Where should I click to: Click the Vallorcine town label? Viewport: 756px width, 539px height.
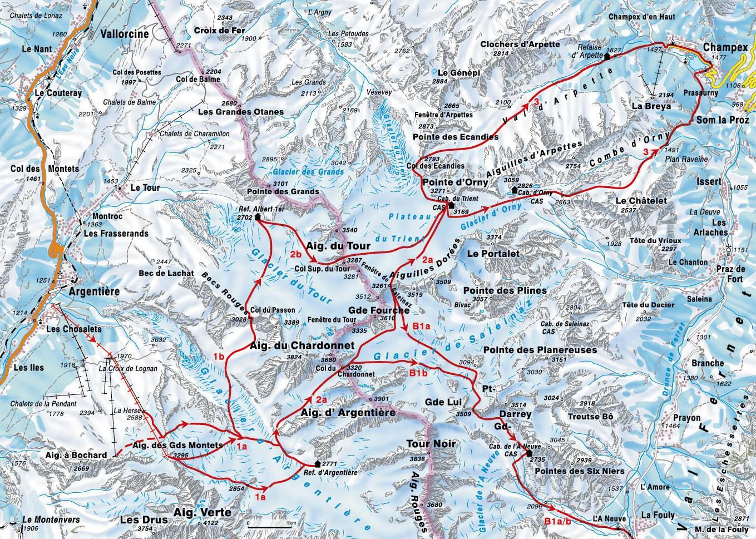125,34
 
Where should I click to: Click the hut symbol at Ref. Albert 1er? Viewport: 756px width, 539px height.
258,217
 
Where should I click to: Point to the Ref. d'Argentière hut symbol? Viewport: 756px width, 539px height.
317,463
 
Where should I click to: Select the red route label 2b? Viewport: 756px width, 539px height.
296,254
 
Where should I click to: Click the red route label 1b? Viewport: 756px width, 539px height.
218,357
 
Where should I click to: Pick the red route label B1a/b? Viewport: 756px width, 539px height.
557,521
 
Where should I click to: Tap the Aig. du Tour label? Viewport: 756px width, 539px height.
330,245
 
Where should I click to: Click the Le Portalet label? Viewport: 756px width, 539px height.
493,253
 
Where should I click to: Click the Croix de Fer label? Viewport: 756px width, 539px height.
219,31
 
